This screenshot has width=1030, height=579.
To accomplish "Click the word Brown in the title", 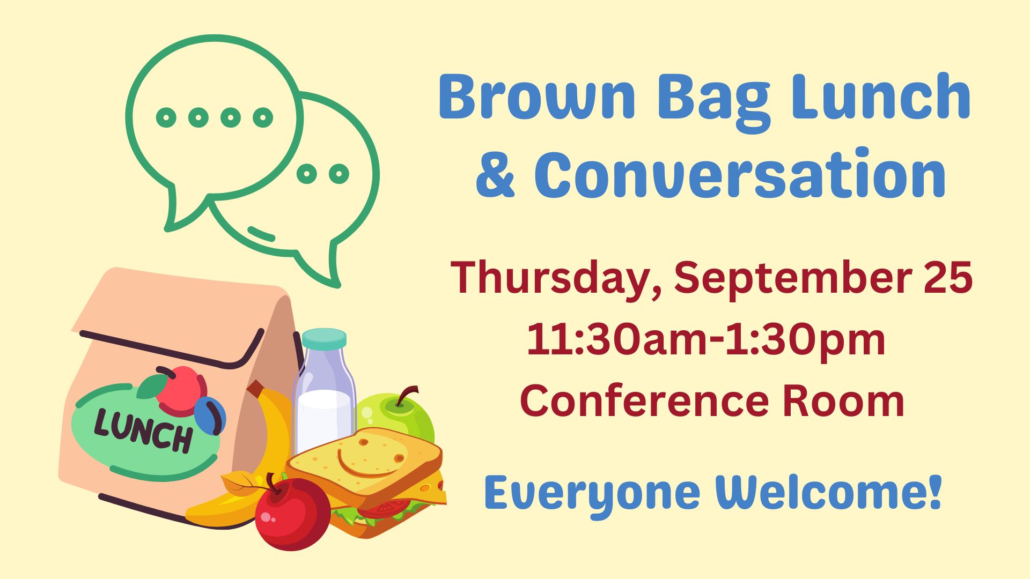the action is [537, 96].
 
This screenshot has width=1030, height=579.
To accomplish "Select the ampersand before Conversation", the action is [495, 176].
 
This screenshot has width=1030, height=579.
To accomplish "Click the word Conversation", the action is [740, 173].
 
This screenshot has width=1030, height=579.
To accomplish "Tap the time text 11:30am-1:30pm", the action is [705, 339].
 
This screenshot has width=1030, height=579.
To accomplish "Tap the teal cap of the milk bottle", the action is [324, 338].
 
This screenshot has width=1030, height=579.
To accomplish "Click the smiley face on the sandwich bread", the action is [371, 459].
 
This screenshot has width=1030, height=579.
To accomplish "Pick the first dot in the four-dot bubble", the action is [166, 117].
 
